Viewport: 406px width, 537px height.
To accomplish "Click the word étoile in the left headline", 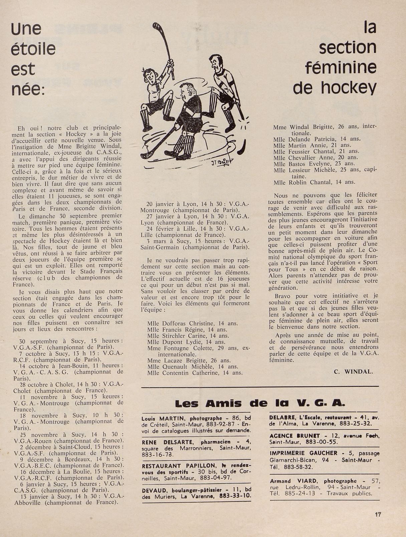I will pos(33,49).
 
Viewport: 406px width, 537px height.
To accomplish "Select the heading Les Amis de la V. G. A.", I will pos(259,404).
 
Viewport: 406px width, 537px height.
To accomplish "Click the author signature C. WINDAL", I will pos(353,372).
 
